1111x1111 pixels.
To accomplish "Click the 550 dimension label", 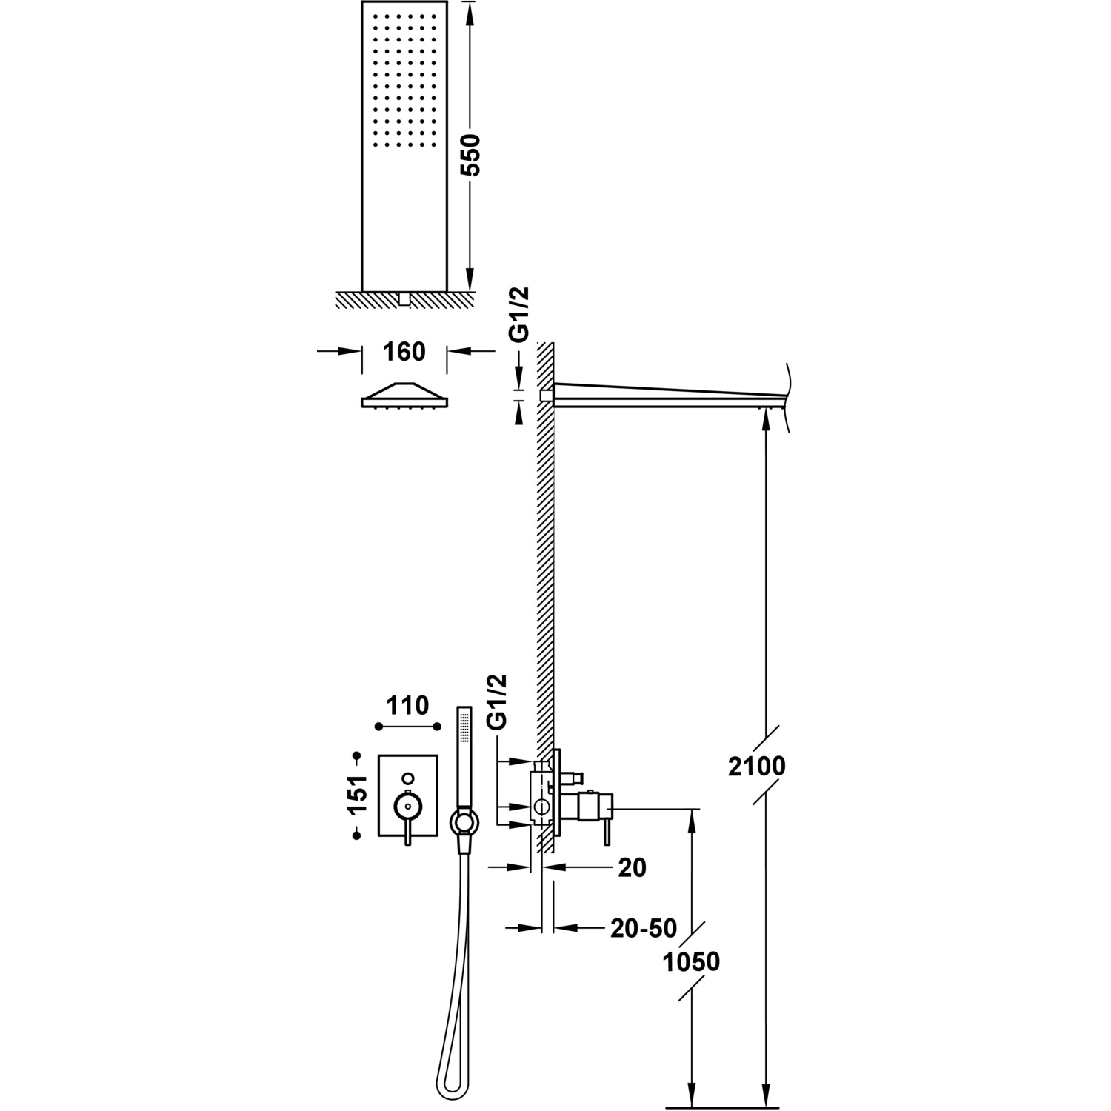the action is tap(471, 155).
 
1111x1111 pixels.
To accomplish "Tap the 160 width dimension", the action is tap(405, 352).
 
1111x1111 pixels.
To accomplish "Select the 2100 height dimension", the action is tap(756, 766).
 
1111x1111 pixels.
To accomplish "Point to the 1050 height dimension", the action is tap(692, 961).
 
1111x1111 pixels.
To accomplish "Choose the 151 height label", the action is tap(358, 795).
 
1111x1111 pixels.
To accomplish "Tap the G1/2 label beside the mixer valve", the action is tap(498, 701).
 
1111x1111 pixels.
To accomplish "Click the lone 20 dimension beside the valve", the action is tap(632, 867).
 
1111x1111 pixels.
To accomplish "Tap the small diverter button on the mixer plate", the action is tap(407, 778).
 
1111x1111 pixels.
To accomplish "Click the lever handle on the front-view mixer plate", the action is tap(407, 815).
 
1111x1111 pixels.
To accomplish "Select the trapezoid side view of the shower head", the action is tap(404, 396).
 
